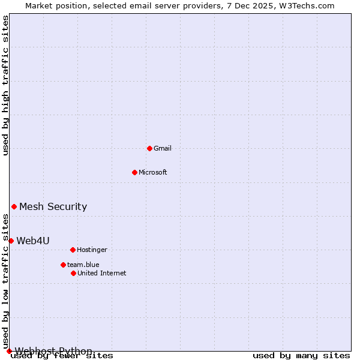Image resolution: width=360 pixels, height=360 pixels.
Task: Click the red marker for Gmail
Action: [x=149, y=148]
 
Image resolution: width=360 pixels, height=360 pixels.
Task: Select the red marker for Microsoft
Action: [x=134, y=172]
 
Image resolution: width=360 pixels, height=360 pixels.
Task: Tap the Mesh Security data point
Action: [x=14, y=206]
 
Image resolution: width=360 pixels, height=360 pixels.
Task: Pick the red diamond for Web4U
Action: [x=11, y=241]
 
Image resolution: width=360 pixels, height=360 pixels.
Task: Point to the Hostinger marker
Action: [x=73, y=250]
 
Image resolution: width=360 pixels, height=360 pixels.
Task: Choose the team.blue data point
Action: [x=63, y=265]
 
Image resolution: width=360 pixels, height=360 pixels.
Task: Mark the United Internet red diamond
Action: [x=73, y=273]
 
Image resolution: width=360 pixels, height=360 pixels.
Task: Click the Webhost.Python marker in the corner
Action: [x=9, y=351]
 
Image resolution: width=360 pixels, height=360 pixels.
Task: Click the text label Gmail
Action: [x=163, y=148]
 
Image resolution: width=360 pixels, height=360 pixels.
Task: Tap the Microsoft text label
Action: [x=153, y=172]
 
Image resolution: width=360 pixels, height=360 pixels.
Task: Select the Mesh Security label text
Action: [x=53, y=207]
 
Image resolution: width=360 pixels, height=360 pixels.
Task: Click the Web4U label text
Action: [x=33, y=241]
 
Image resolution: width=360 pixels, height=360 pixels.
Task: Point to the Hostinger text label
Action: [x=92, y=250]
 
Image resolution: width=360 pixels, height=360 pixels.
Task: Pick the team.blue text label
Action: [x=83, y=265]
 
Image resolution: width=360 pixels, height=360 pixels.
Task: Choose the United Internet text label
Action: [x=102, y=273]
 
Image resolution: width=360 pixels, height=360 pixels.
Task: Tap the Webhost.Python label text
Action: [x=53, y=351]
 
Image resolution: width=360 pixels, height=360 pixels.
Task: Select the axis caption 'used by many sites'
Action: [x=301, y=356]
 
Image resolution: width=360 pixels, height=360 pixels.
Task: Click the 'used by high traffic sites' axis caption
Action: [x=5, y=86]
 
